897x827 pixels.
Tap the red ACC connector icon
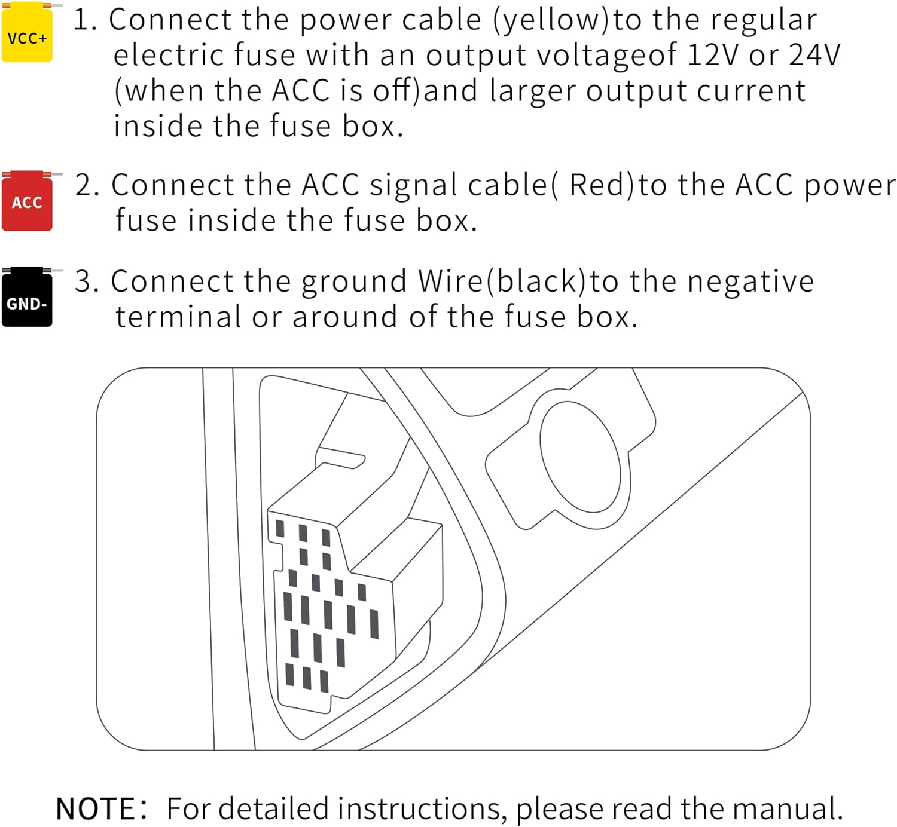coord(27,201)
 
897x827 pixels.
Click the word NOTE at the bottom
coord(96,808)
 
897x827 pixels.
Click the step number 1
coord(85,20)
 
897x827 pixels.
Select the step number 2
coord(87,185)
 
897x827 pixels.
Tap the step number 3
coord(87,281)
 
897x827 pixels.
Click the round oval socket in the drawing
coord(579,456)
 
